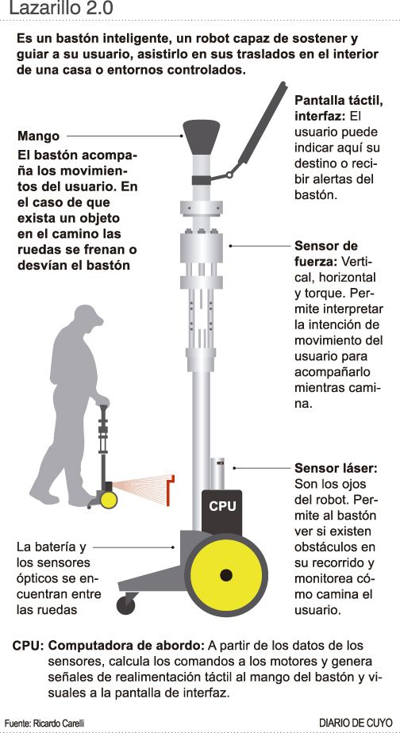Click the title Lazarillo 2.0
[61, 9]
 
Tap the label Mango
[39, 136]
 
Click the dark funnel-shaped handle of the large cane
[201, 137]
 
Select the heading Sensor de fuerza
[326, 254]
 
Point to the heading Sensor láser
[336, 468]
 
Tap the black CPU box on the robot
[221, 512]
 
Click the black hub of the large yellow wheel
[226, 575]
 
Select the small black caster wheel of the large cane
[125, 606]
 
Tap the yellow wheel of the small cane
[109, 500]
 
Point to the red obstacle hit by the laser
[171, 489]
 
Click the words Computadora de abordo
[126, 646]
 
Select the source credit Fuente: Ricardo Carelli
[45, 723]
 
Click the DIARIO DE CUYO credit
[356, 722]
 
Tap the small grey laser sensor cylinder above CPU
[217, 474]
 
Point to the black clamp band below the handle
[201, 180]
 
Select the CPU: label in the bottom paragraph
[28, 646]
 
